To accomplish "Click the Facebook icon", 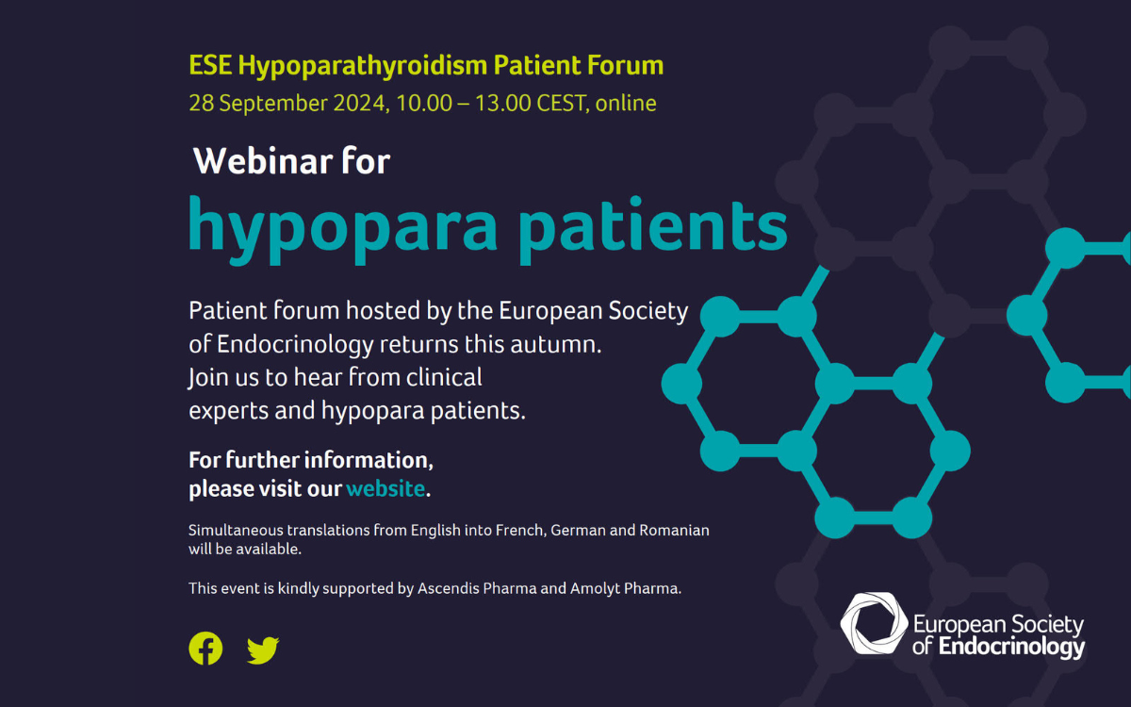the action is pyautogui.click(x=205, y=649).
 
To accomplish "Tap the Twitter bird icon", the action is pyautogui.click(x=263, y=649).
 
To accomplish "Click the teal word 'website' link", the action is pyautogui.click(x=385, y=489).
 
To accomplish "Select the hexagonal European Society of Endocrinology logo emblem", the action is pyautogui.click(x=874, y=623).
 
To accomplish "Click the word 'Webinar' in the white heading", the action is pyautogui.click(x=263, y=161).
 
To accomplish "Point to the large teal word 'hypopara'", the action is pyautogui.click(x=343, y=230).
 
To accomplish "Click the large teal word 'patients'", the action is pyautogui.click(x=653, y=230).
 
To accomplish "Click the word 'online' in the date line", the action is pyautogui.click(x=626, y=103).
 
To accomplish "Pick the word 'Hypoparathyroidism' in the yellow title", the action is pyautogui.click(x=363, y=66).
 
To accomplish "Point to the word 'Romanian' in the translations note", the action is pyautogui.click(x=675, y=530).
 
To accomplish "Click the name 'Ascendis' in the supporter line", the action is pyautogui.click(x=449, y=588).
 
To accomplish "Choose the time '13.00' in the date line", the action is pyautogui.click(x=503, y=103).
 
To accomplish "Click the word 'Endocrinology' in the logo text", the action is pyautogui.click(x=1011, y=648).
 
